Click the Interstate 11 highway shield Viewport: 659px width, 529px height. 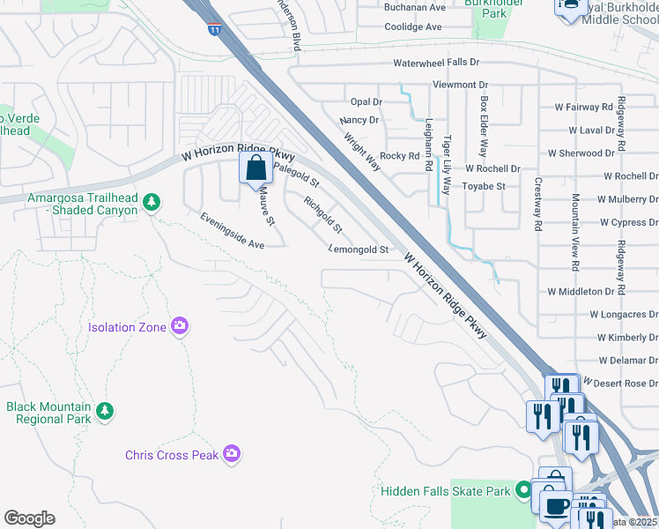coord(215,29)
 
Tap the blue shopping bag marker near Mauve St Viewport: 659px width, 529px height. coord(255,168)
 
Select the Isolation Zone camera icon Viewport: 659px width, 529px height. coord(181,327)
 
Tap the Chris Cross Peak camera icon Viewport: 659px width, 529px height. coord(232,454)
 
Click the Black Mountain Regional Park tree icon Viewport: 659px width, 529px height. coord(105,412)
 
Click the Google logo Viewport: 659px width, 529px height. coord(29,518)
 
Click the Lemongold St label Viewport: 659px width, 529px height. coord(359,250)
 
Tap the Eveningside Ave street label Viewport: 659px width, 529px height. coord(232,231)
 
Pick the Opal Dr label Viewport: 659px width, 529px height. coord(365,102)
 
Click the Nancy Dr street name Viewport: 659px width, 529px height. coord(359,120)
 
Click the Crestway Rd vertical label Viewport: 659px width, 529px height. coord(537,204)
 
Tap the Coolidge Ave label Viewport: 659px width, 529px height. coord(413,26)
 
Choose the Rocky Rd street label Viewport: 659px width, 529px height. coord(399,156)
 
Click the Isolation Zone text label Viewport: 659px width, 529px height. coord(128,327)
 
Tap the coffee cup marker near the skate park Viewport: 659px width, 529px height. coord(556,506)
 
